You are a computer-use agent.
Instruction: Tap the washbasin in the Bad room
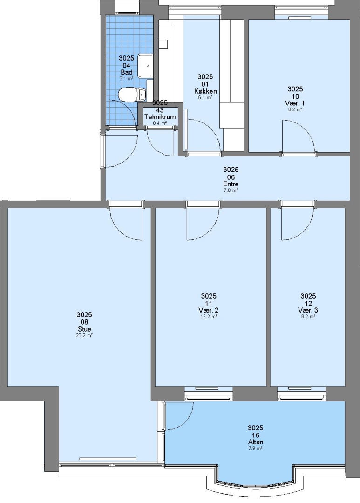[145, 66]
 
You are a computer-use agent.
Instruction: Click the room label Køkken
[205, 91]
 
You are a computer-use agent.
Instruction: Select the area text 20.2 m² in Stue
[85, 335]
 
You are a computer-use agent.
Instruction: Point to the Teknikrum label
[160, 117]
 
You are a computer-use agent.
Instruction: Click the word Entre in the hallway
[231, 184]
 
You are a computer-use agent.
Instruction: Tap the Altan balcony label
[255, 442]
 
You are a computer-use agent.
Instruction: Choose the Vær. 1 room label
[295, 103]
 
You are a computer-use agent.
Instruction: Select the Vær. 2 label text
[209, 310]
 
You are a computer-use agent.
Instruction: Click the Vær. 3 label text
[308, 310]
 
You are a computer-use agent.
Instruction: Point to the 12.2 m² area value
[209, 316]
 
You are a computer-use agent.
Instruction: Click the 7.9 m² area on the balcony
[255, 448]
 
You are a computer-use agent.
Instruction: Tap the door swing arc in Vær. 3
[305, 231]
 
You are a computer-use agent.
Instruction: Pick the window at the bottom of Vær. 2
[209, 393]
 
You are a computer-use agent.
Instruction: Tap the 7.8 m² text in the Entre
[231, 190]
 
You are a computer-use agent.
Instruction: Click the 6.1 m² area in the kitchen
[205, 97]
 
